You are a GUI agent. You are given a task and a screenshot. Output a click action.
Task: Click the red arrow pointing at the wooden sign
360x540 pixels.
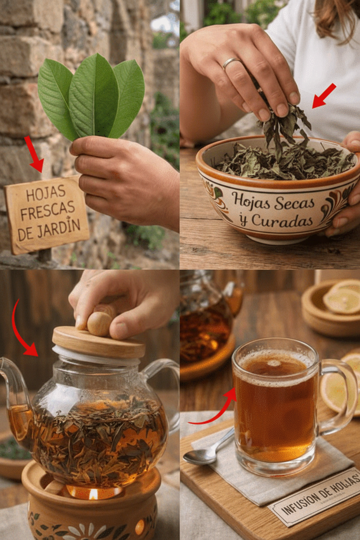[34, 154]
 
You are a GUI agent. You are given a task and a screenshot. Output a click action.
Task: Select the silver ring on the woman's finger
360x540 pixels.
[231, 63]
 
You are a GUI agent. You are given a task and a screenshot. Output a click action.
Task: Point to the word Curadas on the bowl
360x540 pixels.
[283, 221]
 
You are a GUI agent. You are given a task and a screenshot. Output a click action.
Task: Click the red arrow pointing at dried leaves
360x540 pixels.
[324, 96]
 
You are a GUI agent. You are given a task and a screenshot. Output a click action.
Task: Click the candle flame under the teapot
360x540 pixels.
[93, 494]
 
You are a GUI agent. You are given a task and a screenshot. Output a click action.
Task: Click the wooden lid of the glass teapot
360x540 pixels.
[98, 342]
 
